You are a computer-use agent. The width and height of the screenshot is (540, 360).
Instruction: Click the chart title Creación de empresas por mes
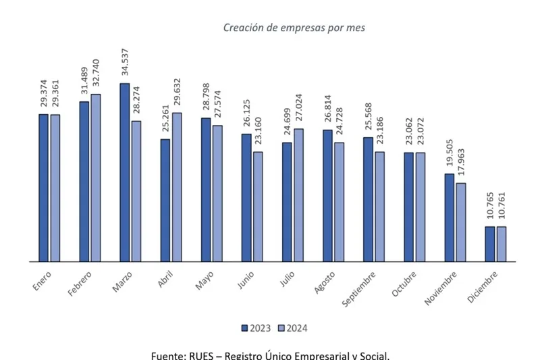coord(294,28)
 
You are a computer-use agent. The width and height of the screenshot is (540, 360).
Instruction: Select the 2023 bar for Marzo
coord(124,172)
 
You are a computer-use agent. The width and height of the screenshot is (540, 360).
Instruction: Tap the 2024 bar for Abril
coord(177,186)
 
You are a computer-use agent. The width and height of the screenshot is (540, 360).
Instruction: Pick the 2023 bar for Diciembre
coord(489,244)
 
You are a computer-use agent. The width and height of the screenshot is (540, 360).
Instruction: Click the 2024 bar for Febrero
coord(96,177)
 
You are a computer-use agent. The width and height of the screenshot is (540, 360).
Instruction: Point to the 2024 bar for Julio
coord(298,195)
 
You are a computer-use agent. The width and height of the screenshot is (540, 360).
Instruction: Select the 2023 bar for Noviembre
coord(449,217)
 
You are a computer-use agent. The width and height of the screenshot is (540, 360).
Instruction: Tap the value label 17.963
coord(461,163)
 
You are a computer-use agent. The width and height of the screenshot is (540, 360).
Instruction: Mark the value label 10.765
coord(489,207)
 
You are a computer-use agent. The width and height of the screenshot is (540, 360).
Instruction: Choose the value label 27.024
coord(299,109)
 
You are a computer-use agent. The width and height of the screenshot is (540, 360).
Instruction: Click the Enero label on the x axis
coord(42,281)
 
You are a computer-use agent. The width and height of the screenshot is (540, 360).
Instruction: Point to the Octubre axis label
coord(404,284)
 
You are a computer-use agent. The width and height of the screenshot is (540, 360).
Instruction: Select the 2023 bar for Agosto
coord(327,195)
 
